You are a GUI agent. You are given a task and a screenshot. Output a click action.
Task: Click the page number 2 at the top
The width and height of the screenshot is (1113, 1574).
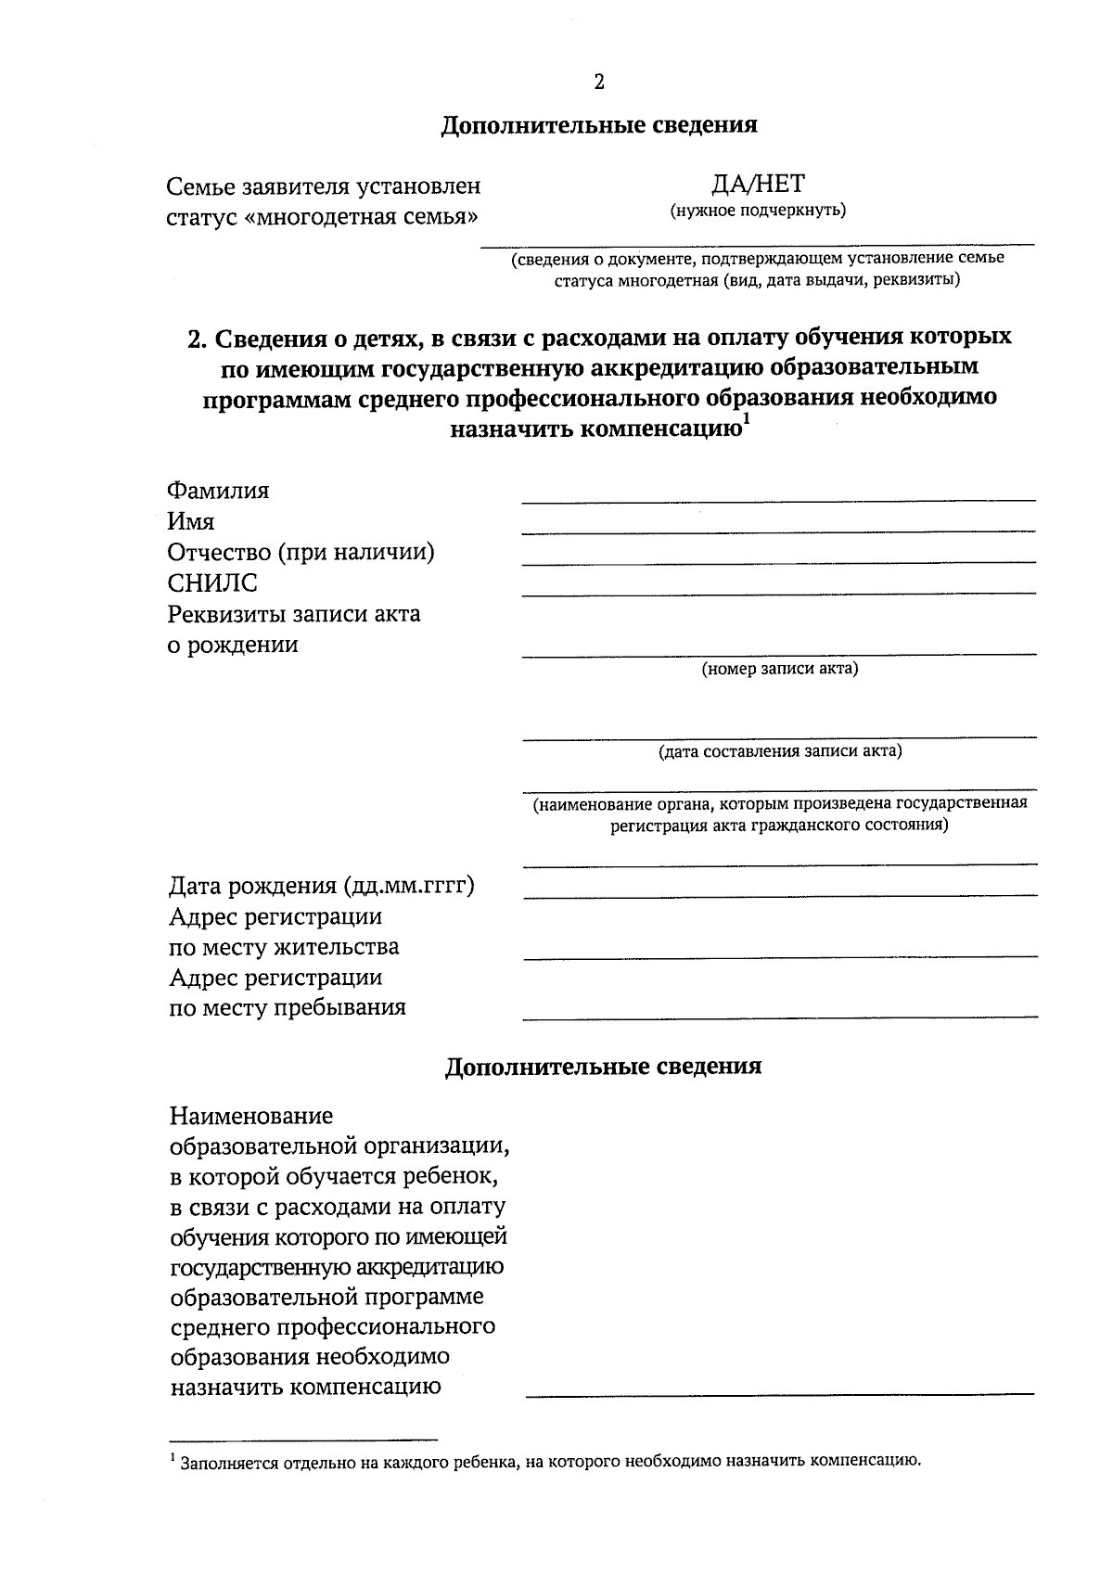(x=598, y=83)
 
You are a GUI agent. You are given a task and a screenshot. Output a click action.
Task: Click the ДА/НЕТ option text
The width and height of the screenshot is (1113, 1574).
(x=758, y=183)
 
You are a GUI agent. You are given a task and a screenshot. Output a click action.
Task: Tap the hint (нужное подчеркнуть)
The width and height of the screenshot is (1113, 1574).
(x=758, y=211)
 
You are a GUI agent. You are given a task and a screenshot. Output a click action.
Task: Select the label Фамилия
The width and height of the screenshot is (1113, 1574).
(x=218, y=491)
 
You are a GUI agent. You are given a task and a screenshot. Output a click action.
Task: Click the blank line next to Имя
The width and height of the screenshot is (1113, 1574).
(x=778, y=531)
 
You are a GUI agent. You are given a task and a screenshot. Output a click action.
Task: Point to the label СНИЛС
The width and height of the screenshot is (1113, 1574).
(x=212, y=583)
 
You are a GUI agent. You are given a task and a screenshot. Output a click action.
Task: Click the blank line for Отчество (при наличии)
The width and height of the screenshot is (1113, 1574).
(x=778, y=561)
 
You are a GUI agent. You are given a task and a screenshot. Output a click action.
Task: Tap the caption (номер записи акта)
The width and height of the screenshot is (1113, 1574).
(x=779, y=669)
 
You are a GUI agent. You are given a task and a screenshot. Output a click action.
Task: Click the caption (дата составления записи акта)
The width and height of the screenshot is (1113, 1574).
(x=779, y=751)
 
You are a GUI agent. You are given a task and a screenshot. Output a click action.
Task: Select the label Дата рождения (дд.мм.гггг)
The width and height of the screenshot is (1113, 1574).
(x=321, y=886)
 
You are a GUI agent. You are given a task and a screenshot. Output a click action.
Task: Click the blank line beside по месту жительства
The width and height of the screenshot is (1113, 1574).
(x=779, y=955)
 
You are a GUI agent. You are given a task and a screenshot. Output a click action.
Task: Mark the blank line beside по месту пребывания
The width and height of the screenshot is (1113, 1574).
(x=779, y=1017)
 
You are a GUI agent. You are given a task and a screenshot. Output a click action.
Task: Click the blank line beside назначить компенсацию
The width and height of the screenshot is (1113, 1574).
(x=779, y=1393)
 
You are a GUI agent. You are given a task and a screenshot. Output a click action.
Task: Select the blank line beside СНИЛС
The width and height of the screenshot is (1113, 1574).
(x=778, y=592)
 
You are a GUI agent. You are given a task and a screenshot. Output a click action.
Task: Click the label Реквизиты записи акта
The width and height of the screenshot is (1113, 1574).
(x=293, y=614)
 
